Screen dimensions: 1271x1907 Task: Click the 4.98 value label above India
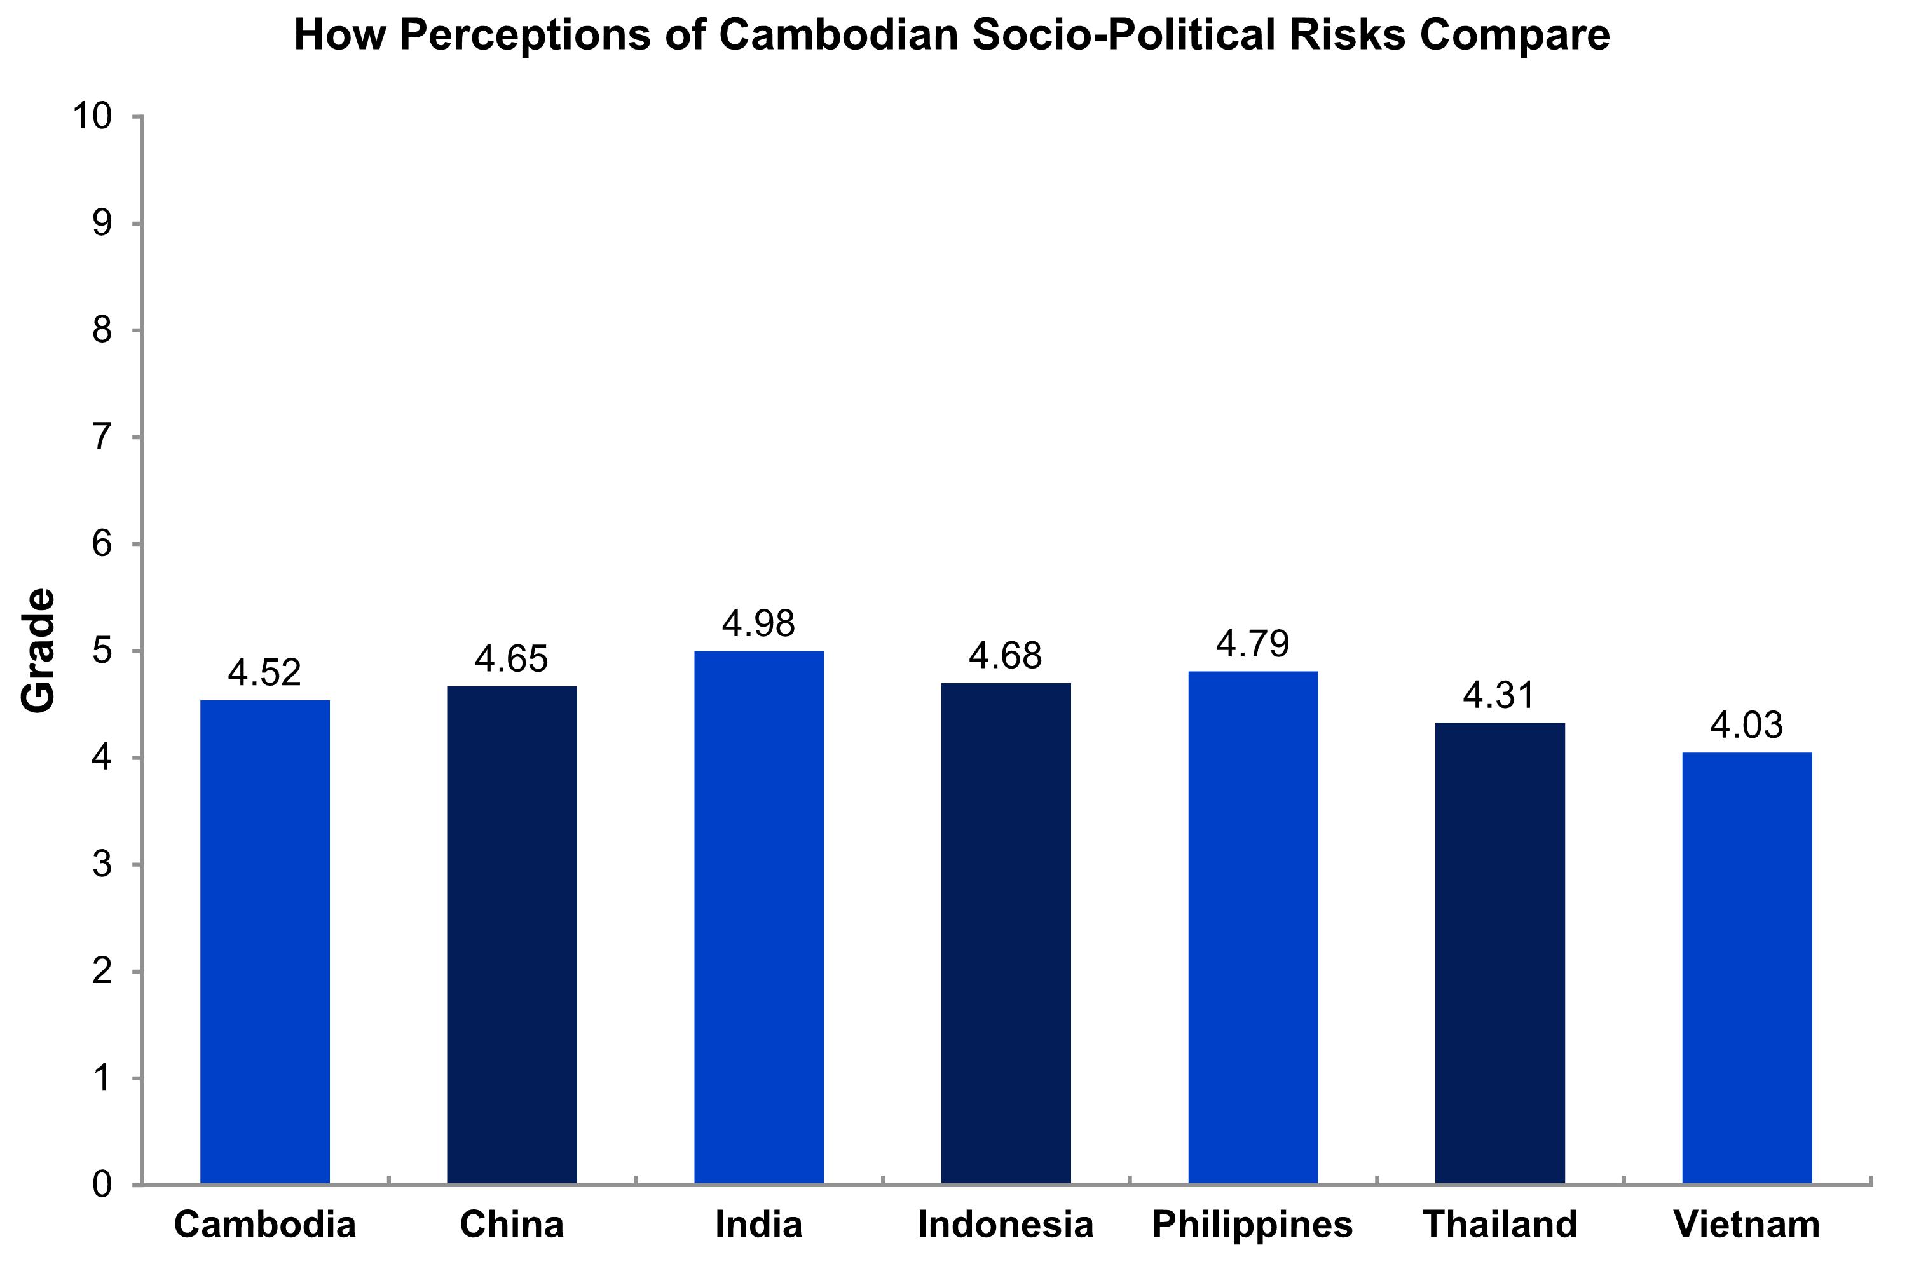(x=759, y=623)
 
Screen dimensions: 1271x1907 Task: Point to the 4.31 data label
(x=1500, y=695)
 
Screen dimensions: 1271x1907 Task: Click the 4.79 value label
(x=1253, y=644)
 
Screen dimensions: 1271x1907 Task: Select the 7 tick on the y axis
(x=102, y=438)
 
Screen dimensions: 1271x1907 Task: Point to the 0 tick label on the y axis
(x=102, y=1185)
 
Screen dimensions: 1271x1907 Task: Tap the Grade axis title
(x=38, y=651)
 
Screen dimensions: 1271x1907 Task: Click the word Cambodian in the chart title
(x=839, y=36)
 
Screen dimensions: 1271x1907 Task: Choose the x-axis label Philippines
(x=1253, y=1225)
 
